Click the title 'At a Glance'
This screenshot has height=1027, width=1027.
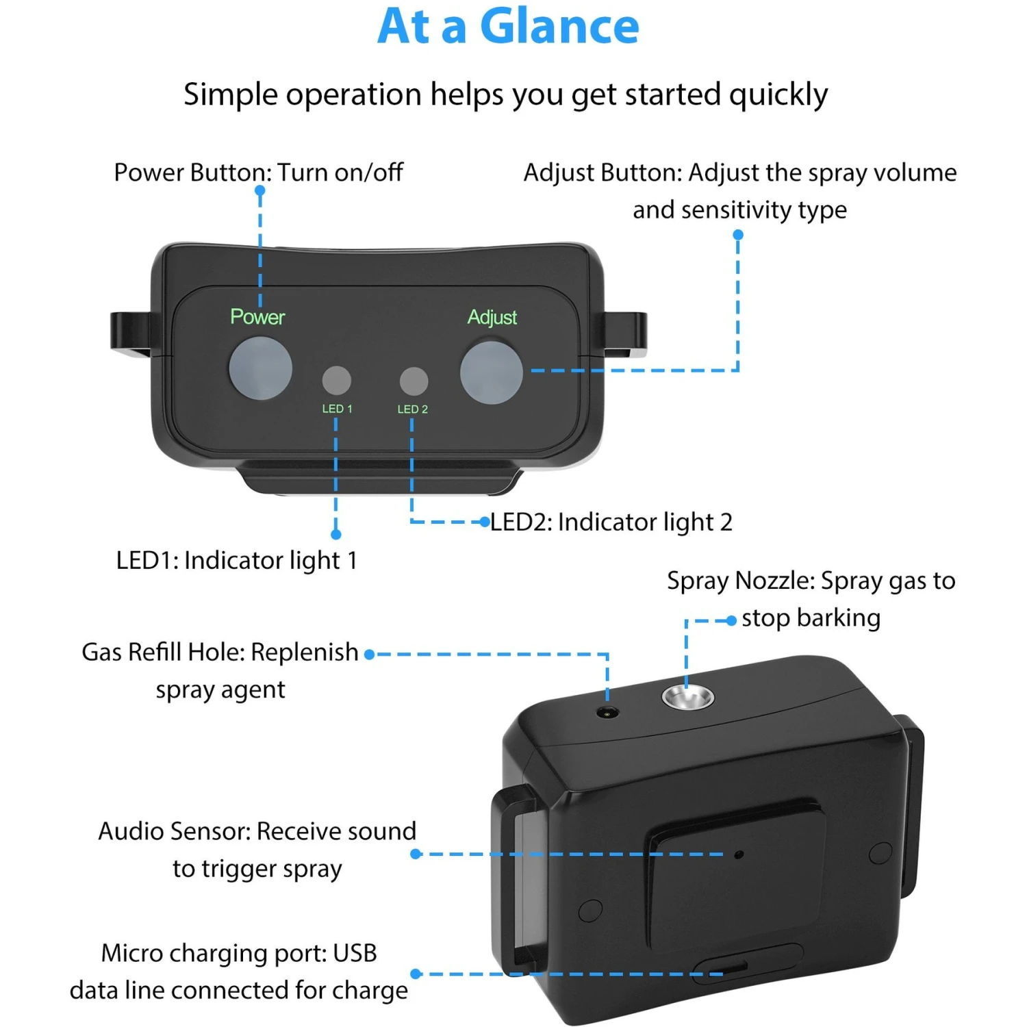(x=508, y=27)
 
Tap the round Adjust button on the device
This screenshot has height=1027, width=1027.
(x=491, y=372)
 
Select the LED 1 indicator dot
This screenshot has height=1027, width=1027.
(x=336, y=380)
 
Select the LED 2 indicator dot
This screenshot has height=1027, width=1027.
(x=414, y=381)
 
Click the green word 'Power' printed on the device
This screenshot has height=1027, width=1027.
(x=257, y=317)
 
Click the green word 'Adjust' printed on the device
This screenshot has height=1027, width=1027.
(x=492, y=318)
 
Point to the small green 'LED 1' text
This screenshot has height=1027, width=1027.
(x=337, y=409)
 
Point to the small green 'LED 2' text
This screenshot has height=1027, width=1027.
(x=412, y=409)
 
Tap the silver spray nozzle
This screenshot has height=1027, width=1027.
(x=687, y=697)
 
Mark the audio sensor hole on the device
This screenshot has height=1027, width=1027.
(x=738, y=854)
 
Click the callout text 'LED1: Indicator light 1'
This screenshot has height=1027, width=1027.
(x=237, y=561)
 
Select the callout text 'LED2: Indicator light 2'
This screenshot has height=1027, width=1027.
(x=611, y=522)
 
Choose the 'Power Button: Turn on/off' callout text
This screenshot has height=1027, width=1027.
(x=258, y=173)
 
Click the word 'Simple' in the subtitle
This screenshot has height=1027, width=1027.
(x=231, y=94)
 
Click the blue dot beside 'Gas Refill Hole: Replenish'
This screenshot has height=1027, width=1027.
(x=369, y=655)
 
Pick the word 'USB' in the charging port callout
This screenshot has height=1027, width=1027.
(x=355, y=953)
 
